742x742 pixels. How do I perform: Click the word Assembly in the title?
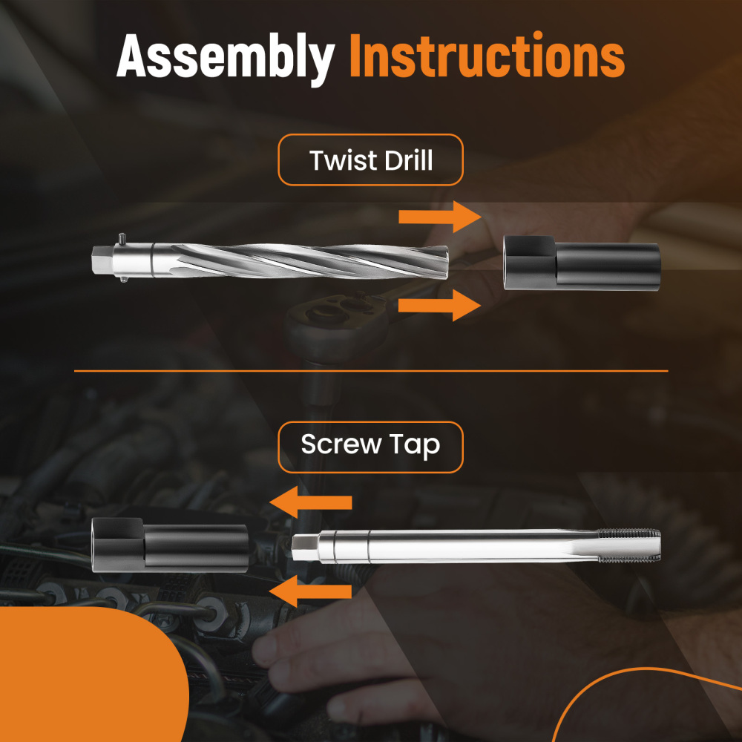226,57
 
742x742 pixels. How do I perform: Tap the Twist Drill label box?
370,160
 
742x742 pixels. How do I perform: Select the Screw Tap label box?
370,447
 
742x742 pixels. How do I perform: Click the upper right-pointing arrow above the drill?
440,217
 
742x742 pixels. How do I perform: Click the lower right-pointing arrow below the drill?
440,305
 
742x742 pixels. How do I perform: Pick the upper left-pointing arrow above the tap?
311,502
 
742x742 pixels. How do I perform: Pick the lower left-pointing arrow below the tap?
311,591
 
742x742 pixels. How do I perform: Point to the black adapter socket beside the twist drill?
582,263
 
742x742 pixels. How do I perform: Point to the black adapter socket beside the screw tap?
170,545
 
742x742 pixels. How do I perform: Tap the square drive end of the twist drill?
101,259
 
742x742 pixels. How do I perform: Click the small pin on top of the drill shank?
122,238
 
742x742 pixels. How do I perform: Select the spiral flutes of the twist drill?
309,260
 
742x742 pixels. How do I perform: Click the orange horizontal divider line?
371,371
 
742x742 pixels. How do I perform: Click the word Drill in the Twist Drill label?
408,160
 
